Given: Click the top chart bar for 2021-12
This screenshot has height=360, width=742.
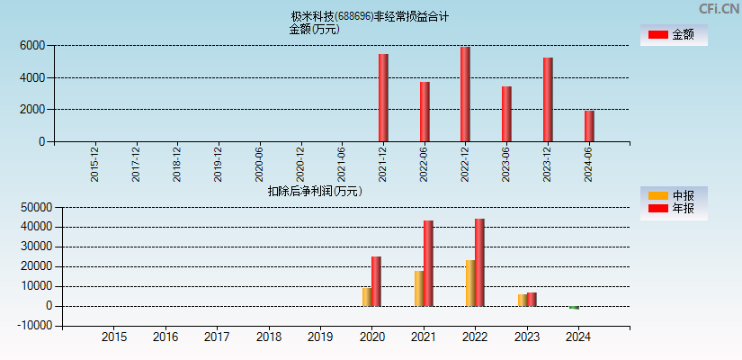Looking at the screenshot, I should tap(383, 97).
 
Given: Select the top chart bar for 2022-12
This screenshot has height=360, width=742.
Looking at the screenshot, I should tap(465, 94).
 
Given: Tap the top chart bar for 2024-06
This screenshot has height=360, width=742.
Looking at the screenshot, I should tap(588, 126).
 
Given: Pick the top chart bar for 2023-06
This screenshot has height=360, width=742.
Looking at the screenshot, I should tap(506, 113).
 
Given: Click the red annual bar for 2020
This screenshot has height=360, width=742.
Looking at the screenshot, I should tap(376, 281).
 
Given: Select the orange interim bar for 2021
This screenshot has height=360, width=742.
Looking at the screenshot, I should tap(419, 288).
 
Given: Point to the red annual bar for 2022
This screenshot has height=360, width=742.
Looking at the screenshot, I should tap(479, 262).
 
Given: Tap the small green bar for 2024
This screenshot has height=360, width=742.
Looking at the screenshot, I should tap(574, 308).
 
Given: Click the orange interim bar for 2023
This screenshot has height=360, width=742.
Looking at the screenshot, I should tap(523, 300).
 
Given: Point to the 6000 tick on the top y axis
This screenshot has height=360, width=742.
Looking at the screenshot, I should tap(31, 45).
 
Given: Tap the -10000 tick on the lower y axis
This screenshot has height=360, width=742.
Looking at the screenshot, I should tap(30, 326).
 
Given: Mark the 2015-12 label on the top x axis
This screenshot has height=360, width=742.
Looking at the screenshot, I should tap(95, 164).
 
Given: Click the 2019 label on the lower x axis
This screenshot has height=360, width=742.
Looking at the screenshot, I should tap(319, 337).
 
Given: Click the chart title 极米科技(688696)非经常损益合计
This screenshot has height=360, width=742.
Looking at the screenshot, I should tap(370, 16).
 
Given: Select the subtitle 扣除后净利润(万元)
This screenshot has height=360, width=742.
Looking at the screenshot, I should tap(315, 191).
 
